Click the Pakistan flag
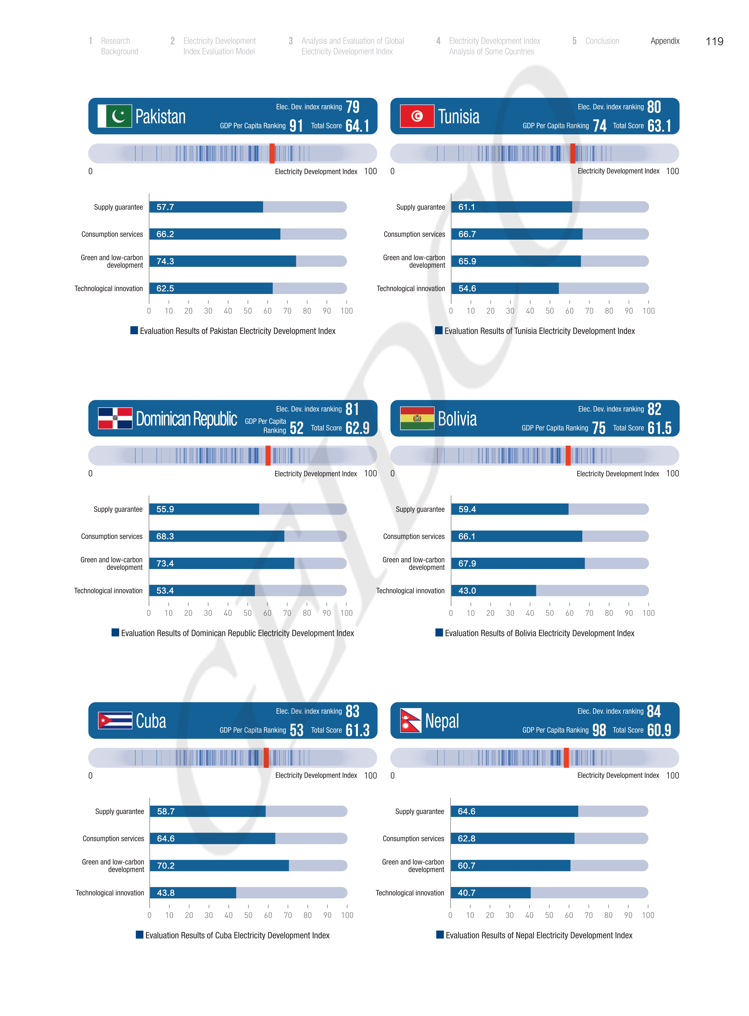[x=115, y=116]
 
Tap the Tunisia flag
[x=417, y=116]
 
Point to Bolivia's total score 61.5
[x=659, y=428]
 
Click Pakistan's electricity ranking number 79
[x=352, y=107]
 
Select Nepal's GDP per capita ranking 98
[x=599, y=730]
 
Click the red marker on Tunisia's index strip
[x=573, y=153]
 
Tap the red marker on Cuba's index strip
[x=266, y=758]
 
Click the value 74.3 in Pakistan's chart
[x=165, y=261]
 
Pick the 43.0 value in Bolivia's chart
[x=467, y=591]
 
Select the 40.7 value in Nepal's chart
[x=467, y=893]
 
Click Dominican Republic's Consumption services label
[x=112, y=537]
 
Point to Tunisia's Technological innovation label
[x=411, y=289]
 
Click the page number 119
[x=714, y=42]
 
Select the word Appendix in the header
[x=665, y=41]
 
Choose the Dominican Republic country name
[x=186, y=419]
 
